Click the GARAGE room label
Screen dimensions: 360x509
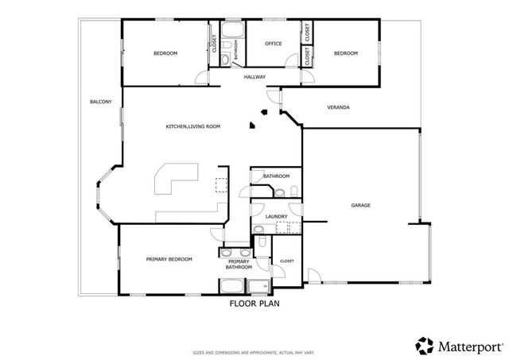coord(360,205)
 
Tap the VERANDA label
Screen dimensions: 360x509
coord(339,107)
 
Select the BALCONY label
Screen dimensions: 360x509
coord(100,102)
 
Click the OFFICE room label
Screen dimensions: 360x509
coord(274,45)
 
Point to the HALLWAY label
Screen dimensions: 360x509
coord(254,77)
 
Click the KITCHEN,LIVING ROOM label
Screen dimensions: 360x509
coord(192,126)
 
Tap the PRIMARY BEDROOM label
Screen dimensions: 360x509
coord(169,259)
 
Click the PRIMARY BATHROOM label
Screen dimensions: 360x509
coord(239,265)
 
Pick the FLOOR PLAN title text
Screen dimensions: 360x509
coord(254,304)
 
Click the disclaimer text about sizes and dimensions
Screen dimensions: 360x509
coord(254,351)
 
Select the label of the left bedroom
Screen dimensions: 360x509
coord(165,53)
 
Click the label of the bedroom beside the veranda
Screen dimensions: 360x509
coord(346,53)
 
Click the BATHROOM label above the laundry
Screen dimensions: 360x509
coord(276,176)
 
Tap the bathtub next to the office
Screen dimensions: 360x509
coord(232,33)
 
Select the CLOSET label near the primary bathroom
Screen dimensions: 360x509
coord(286,261)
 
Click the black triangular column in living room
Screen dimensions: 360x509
coord(252,124)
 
